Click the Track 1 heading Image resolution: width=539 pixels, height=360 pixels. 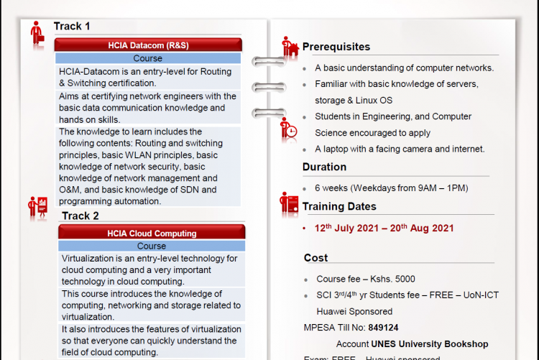click(72, 27)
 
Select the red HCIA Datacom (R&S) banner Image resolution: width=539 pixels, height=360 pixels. click(149, 45)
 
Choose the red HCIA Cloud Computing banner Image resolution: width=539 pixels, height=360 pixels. click(152, 233)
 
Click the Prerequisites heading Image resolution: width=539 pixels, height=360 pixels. click(336, 47)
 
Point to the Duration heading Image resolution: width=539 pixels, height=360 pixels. click(324, 167)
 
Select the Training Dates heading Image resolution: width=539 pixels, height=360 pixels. click(339, 206)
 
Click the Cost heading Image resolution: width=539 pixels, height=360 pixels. click(315, 257)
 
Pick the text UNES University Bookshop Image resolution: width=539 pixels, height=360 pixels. click(430, 344)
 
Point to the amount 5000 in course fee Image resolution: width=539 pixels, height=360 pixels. click(404, 279)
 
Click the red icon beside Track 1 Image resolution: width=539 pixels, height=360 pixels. click(37, 32)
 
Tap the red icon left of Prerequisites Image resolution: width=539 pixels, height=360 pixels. click(290, 46)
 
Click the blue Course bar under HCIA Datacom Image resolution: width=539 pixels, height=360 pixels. click(148, 58)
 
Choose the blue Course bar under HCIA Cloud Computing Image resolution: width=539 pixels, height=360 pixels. click(152, 246)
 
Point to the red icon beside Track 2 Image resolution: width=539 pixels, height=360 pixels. click(37, 208)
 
